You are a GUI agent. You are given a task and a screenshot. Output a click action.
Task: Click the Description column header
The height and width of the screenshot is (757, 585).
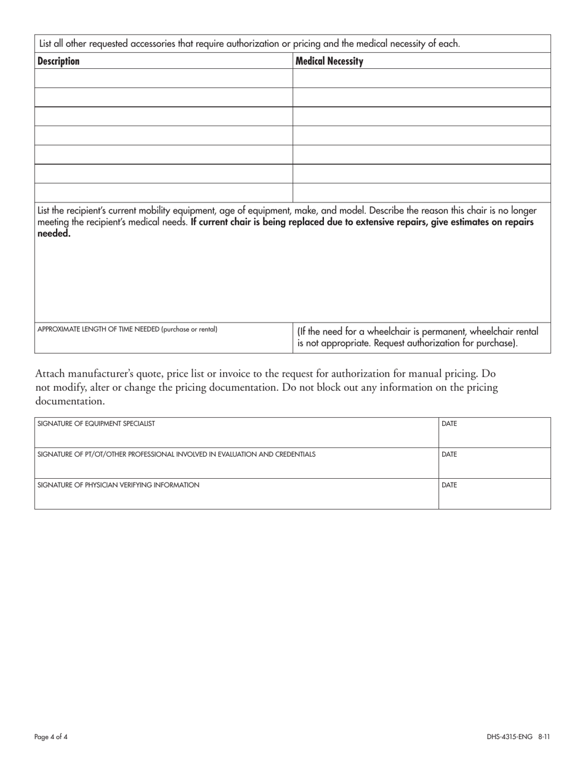(x=58, y=61)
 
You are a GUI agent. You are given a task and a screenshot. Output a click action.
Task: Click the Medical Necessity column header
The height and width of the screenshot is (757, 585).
(x=329, y=61)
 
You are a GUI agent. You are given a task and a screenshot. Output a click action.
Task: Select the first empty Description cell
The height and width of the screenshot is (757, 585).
(x=163, y=78)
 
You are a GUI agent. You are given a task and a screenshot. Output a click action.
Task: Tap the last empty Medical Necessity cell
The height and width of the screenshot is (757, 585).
(x=421, y=193)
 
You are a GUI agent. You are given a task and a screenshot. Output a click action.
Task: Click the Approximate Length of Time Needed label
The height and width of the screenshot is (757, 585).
(x=99, y=329)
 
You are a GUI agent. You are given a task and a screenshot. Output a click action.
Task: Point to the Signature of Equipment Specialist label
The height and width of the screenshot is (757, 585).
(x=97, y=423)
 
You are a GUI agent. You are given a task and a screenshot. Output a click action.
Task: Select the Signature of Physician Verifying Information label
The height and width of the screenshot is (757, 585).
(x=118, y=485)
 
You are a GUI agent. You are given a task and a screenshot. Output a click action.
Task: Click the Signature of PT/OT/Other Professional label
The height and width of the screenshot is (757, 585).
(x=176, y=454)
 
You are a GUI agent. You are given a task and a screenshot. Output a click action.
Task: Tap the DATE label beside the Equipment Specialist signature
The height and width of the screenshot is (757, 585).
(x=450, y=423)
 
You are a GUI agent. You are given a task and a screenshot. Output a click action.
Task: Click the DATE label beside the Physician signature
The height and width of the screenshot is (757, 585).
(x=450, y=485)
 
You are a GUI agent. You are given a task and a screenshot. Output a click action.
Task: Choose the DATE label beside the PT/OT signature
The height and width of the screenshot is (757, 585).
(x=450, y=454)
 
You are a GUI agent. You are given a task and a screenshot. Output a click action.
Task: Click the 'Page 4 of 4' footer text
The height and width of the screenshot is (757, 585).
(x=51, y=736)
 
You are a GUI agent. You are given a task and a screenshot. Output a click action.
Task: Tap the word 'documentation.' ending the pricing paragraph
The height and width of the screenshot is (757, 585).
(x=70, y=401)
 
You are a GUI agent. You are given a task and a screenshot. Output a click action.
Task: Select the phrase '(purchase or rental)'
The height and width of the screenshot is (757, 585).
(x=189, y=329)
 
